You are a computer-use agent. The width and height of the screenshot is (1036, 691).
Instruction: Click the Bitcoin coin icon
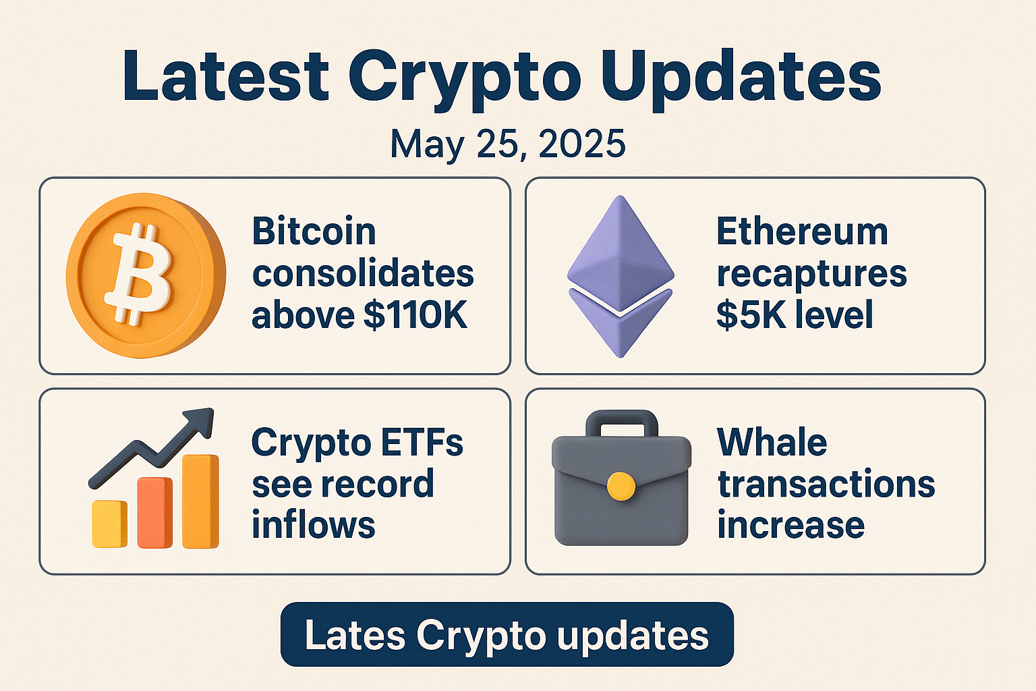pyautogui.click(x=145, y=275)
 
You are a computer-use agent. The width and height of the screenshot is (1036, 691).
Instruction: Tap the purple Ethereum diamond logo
pyautogui.click(x=620, y=276)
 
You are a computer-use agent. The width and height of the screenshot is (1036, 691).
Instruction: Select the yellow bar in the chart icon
pyautogui.click(x=109, y=524)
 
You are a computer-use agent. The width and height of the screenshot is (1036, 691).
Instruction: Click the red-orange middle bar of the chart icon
pyautogui.click(x=154, y=512)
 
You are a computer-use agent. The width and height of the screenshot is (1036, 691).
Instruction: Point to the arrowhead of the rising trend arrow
pyautogui.click(x=202, y=422)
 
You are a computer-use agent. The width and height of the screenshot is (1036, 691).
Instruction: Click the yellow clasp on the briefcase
pyautogui.click(x=621, y=486)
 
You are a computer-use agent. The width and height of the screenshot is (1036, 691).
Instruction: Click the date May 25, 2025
pyautogui.click(x=508, y=144)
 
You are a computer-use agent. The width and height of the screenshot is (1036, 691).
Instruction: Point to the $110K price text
pyautogui.click(x=415, y=314)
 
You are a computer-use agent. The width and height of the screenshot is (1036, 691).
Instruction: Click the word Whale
pyautogui.click(x=772, y=443)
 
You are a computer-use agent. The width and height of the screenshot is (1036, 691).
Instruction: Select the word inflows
pyautogui.click(x=313, y=525)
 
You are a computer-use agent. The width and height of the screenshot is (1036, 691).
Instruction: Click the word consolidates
pyautogui.click(x=363, y=273)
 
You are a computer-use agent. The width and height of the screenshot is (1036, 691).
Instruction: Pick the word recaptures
pyautogui.click(x=811, y=273)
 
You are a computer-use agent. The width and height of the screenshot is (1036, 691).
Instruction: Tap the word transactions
pyautogui.click(x=826, y=484)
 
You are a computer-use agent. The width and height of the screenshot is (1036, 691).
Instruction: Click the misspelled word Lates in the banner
pyautogui.click(x=355, y=635)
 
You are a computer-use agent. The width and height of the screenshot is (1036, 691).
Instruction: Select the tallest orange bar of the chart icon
pyautogui.click(x=200, y=501)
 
